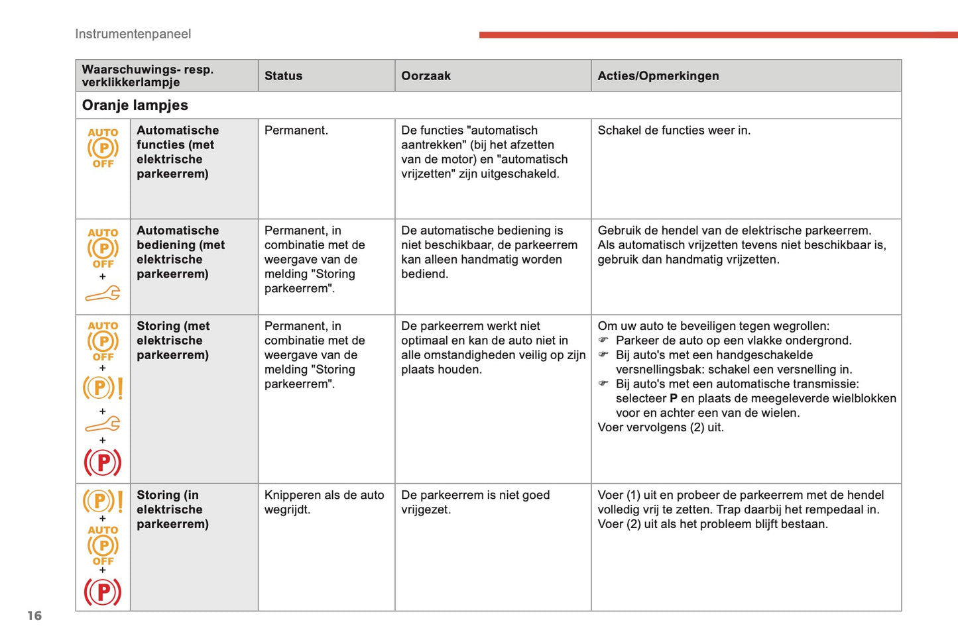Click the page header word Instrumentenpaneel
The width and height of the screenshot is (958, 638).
[x=133, y=34]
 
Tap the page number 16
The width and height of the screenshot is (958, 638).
[x=34, y=615]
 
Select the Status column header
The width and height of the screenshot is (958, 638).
[x=283, y=76]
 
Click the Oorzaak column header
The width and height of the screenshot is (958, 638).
[x=426, y=76]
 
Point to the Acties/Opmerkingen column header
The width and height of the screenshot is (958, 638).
[x=658, y=76]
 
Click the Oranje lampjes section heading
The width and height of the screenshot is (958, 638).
[x=135, y=105]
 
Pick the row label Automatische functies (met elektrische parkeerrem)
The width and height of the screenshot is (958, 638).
[x=178, y=152]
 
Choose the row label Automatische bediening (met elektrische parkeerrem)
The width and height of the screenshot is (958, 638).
[x=180, y=252]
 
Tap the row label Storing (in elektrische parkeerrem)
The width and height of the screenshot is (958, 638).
[x=172, y=509]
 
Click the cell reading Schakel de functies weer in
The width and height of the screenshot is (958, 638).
[x=674, y=131]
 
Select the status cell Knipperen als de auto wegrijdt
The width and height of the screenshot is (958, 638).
[x=324, y=502]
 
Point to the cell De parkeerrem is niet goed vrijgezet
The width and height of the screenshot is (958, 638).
[x=475, y=502]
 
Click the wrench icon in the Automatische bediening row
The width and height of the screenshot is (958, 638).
[x=103, y=293]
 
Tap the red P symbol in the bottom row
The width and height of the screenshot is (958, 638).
[x=103, y=592]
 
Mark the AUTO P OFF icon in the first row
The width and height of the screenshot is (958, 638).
[x=103, y=148]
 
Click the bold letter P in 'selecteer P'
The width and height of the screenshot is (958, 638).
[x=674, y=398]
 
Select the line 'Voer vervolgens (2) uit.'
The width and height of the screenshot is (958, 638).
[x=660, y=427]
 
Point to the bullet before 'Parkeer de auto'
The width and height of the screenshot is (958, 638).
[x=603, y=341]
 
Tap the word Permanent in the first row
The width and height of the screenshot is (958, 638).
[x=296, y=131]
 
